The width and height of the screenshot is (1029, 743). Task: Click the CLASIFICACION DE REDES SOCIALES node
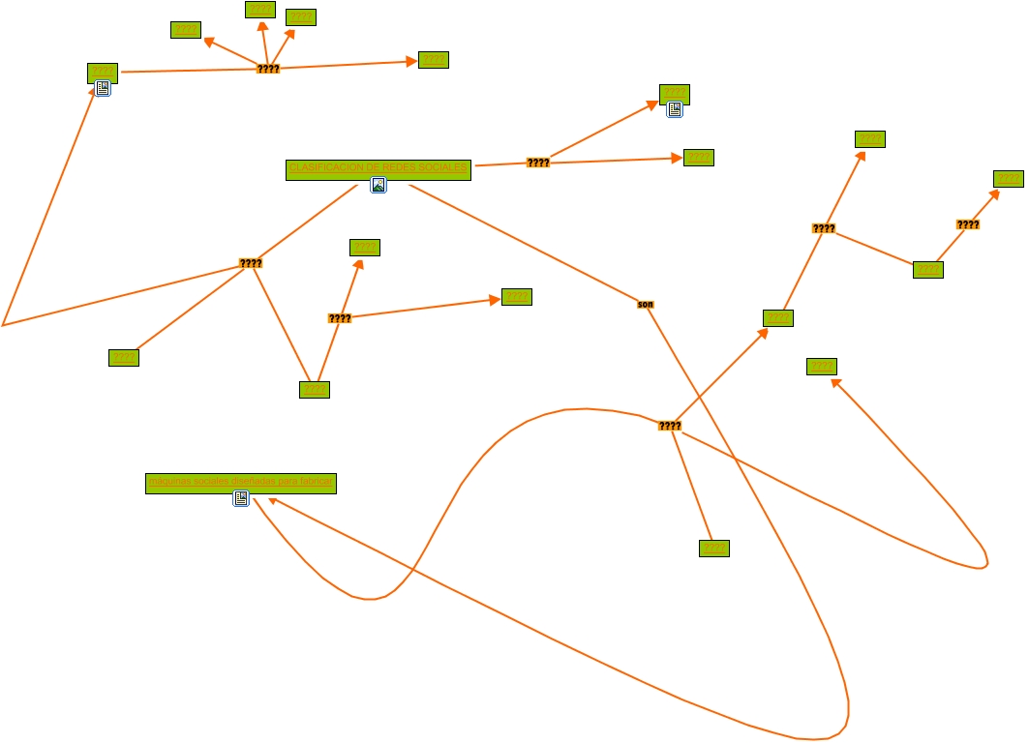[378, 169]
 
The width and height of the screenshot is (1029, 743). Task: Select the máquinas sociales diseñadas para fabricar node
[240, 482]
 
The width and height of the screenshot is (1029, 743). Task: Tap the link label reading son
[646, 305]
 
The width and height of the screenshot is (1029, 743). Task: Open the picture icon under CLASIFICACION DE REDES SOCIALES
[378, 186]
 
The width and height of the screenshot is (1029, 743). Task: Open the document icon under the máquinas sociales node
[241, 499]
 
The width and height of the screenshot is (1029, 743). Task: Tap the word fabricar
[315, 482]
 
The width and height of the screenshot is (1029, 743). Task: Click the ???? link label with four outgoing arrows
[268, 69]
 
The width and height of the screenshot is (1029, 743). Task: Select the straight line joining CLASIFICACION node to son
[523, 242]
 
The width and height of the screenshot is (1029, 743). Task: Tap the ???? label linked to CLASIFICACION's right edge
[538, 163]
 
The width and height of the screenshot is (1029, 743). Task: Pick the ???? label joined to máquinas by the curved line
[669, 426]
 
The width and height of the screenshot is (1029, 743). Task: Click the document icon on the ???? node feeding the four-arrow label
[103, 89]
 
